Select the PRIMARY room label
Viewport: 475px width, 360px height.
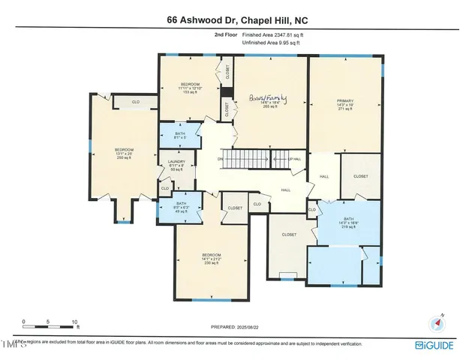(x=344, y=101)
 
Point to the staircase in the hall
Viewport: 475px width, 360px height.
(x=246, y=160)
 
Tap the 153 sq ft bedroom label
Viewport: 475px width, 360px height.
(x=190, y=87)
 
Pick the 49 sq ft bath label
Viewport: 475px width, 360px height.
(x=181, y=206)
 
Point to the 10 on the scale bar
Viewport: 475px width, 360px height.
(x=75, y=322)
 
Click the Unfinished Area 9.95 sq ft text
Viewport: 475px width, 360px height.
(x=270, y=43)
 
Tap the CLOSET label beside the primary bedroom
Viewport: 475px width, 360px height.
(x=360, y=176)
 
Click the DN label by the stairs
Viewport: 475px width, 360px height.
(x=221, y=160)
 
